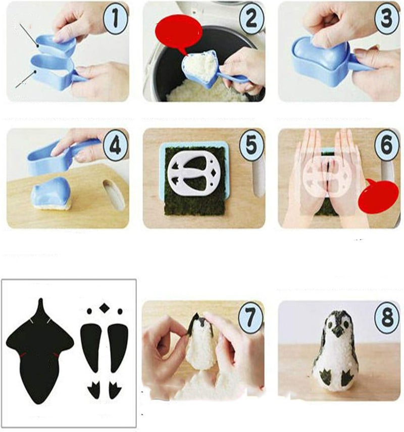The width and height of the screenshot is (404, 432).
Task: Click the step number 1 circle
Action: [x=116, y=20]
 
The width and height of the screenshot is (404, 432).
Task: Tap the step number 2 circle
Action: [x=251, y=20]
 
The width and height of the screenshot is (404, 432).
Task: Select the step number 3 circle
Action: [x=386, y=20]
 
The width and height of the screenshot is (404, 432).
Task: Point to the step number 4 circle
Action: [x=116, y=147]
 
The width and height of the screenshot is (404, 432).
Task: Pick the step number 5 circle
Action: [x=251, y=147]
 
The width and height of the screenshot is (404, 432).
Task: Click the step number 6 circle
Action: [x=386, y=147]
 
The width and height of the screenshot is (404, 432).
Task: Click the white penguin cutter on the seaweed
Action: [x=194, y=174]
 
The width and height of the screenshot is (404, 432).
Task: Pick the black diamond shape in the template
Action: [x=105, y=308]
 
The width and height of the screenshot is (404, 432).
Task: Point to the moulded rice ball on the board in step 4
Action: [x=50, y=194]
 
